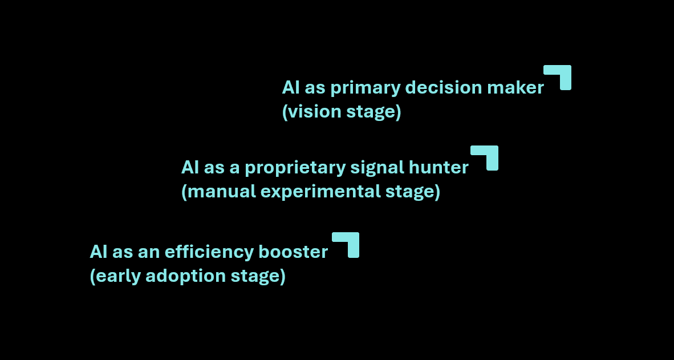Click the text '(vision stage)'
point(342,112)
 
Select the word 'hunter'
point(438,168)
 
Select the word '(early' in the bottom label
point(115,276)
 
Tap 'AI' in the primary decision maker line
point(290,88)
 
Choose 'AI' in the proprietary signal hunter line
point(189,168)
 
